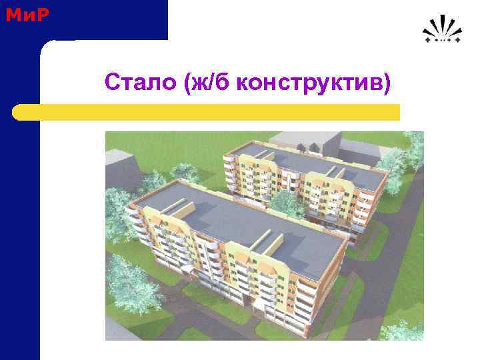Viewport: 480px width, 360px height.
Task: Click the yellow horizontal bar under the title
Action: coord(207,112)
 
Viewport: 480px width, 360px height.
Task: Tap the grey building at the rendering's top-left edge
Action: coord(117,160)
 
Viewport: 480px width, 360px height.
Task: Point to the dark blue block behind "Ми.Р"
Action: coord(100,20)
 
